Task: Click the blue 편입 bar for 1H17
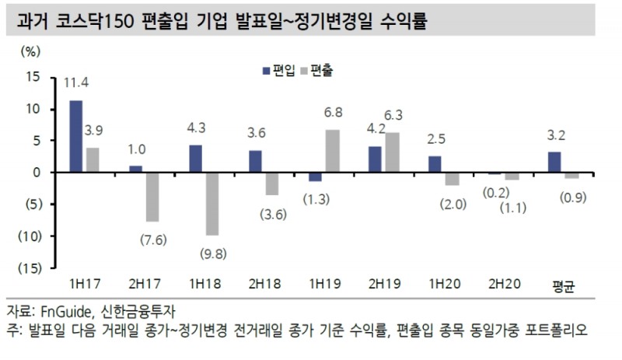(75, 136)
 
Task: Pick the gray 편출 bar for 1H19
(332, 151)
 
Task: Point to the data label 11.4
(75, 81)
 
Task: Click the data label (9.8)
(211, 254)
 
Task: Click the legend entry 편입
(282, 71)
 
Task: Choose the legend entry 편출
(319, 71)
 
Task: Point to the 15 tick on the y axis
(32, 76)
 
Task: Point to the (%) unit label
(28, 51)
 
